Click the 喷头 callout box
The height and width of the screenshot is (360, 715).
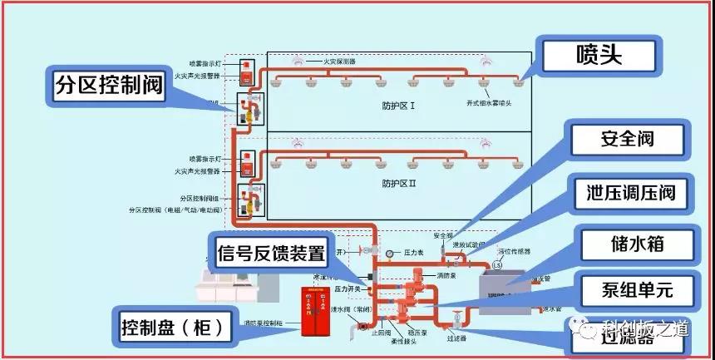(599, 55)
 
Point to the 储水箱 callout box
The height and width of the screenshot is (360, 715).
(636, 244)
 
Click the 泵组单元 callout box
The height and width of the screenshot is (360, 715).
(636, 290)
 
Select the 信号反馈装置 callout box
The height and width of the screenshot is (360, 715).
(270, 253)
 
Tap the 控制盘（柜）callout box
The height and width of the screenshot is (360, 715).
(172, 327)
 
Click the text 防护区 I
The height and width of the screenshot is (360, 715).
(398, 106)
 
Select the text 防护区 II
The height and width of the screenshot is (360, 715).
(398, 183)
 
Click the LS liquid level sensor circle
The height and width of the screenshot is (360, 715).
(497, 265)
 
